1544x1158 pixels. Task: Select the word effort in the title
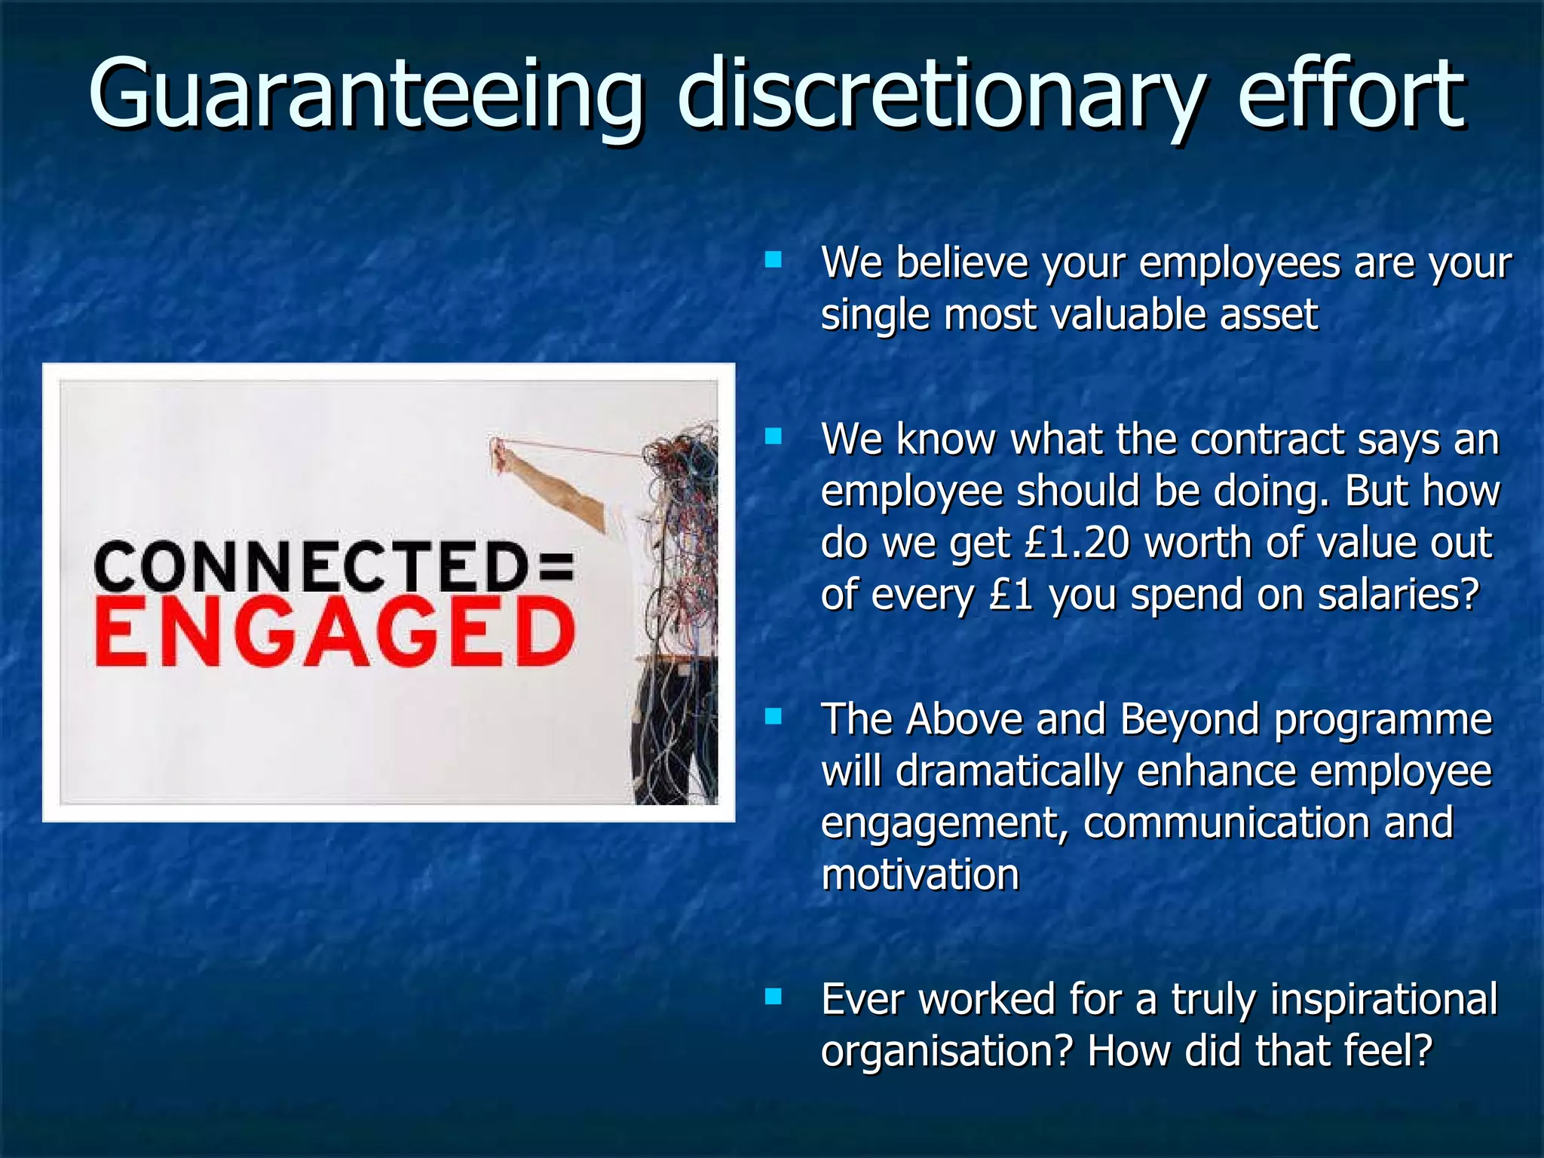1351,94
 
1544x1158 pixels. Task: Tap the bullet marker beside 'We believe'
773,261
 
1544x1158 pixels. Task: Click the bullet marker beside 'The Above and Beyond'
773,716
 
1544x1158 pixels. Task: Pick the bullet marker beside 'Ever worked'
773,997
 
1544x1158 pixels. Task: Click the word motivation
920,875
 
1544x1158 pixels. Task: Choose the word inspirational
1383,1000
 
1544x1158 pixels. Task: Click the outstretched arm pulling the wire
554,482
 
